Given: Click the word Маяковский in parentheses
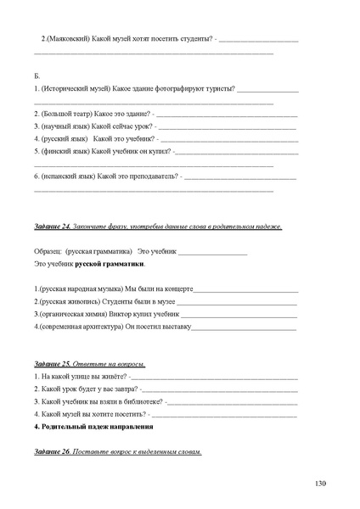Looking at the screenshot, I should (x=71, y=40).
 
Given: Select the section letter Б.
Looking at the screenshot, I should (x=37, y=76).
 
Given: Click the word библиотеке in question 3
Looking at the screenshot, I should (x=145, y=401).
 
